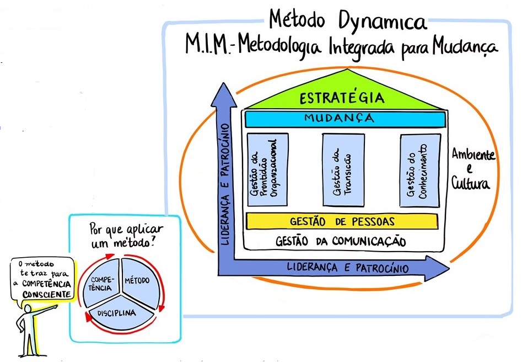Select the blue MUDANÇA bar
click(345, 119)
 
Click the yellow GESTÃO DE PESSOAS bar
click(342, 221)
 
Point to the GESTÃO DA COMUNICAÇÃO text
click(341, 241)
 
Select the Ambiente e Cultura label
click(472, 169)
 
